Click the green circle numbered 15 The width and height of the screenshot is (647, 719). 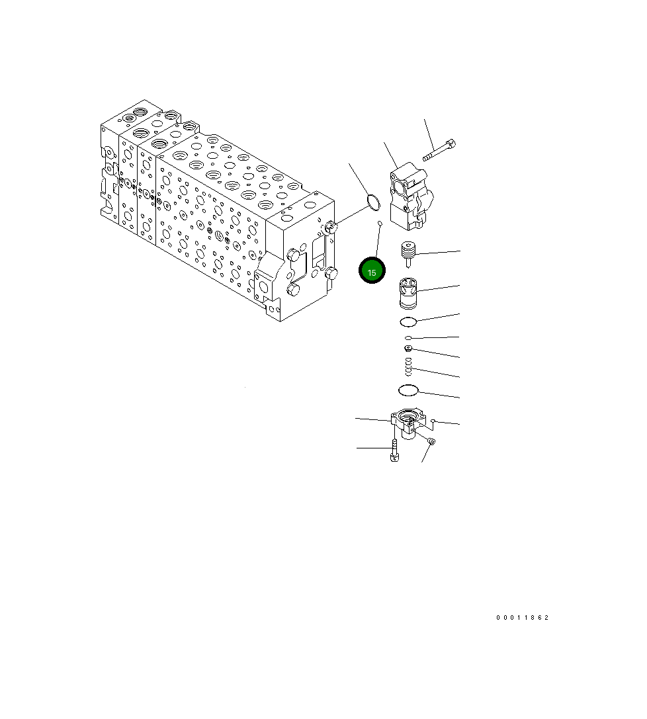click(371, 271)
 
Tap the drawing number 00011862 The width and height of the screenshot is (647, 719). click(522, 618)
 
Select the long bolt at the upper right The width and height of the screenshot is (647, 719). click(439, 150)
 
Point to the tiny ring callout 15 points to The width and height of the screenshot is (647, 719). click(380, 224)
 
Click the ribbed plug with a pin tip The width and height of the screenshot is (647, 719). click(408, 254)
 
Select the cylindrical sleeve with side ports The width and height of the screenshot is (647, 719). click(408, 293)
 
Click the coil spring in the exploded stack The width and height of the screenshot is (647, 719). click(409, 366)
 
